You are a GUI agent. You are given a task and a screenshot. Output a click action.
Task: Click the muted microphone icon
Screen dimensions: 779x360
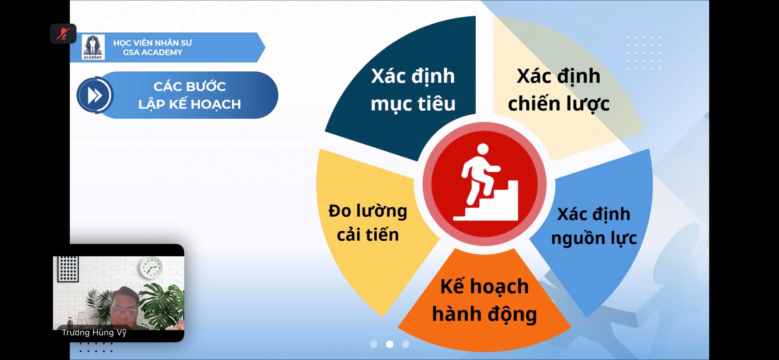(x=63, y=33)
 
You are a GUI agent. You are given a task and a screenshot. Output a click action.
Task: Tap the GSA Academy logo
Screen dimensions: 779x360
(x=93, y=47)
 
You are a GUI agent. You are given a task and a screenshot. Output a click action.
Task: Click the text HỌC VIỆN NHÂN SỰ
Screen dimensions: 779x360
(x=152, y=43)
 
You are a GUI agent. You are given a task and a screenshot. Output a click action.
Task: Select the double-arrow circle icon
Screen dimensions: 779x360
(x=95, y=95)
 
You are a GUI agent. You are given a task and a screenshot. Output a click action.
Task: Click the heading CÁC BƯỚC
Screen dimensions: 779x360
(x=190, y=86)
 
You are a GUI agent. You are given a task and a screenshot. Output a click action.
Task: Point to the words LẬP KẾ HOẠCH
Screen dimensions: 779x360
(x=190, y=104)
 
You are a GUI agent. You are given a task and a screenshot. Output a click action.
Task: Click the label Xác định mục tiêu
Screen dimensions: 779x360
(x=413, y=90)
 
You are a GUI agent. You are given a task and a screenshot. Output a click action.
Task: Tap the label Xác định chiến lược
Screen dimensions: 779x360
(x=559, y=90)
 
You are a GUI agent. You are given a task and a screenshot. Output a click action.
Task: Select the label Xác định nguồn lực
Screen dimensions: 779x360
(x=594, y=226)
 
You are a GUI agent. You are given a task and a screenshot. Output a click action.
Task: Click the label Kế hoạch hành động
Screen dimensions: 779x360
(x=484, y=301)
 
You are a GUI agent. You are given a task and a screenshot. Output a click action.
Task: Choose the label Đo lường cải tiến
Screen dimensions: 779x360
(x=368, y=222)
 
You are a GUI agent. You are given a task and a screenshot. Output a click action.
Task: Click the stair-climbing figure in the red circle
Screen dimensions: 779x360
(x=485, y=182)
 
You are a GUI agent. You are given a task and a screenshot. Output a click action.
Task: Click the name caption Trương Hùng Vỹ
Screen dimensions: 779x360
(x=94, y=332)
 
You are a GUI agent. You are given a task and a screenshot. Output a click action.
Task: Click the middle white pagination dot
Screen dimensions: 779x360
(x=389, y=344)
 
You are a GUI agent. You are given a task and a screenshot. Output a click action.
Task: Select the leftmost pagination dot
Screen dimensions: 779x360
(x=374, y=344)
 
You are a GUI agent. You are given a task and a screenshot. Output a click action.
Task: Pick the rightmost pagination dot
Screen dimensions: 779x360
(x=406, y=344)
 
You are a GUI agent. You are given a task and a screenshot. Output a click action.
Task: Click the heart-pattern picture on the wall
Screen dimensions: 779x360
(x=68, y=268)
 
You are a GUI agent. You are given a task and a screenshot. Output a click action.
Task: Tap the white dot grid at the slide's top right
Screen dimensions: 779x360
(x=644, y=53)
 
